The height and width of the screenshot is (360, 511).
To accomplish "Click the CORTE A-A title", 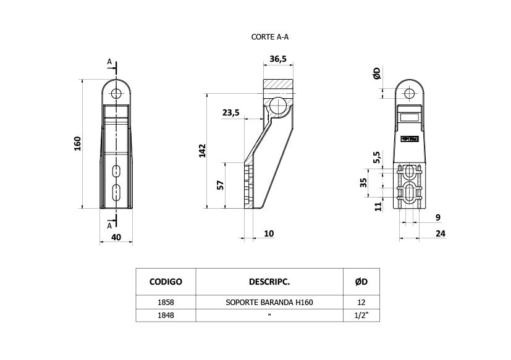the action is click(270, 37).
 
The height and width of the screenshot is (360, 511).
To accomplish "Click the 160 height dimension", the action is click(78, 144).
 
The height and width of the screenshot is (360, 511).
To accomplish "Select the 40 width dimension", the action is click(116, 237).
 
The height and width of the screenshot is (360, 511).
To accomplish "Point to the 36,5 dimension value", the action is click(278, 59).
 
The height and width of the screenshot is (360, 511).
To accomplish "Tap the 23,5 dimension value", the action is click(230, 113).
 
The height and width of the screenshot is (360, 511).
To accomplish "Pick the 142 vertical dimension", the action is click(203, 151).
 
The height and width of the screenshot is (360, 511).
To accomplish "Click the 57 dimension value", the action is click(221, 185).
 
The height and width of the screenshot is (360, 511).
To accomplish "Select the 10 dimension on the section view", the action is click(269, 233).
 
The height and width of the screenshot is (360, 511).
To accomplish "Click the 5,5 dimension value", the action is click(377, 157).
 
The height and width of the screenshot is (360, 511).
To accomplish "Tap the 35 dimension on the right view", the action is click(363, 182).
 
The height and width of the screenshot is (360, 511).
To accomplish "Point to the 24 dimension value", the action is click(441, 233).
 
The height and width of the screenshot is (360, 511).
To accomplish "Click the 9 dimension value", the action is click(438, 217).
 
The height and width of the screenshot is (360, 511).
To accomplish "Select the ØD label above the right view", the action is click(377, 73).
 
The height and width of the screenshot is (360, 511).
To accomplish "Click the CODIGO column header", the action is click(166, 282).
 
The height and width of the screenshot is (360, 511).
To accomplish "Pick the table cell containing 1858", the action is click(166, 303).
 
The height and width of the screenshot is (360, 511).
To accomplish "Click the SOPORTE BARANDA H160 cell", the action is click(269, 303).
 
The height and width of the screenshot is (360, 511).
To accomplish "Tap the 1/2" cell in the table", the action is click(361, 316).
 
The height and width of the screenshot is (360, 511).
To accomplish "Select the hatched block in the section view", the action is click(278, 86).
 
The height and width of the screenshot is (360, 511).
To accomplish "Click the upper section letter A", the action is click(109, 62).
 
